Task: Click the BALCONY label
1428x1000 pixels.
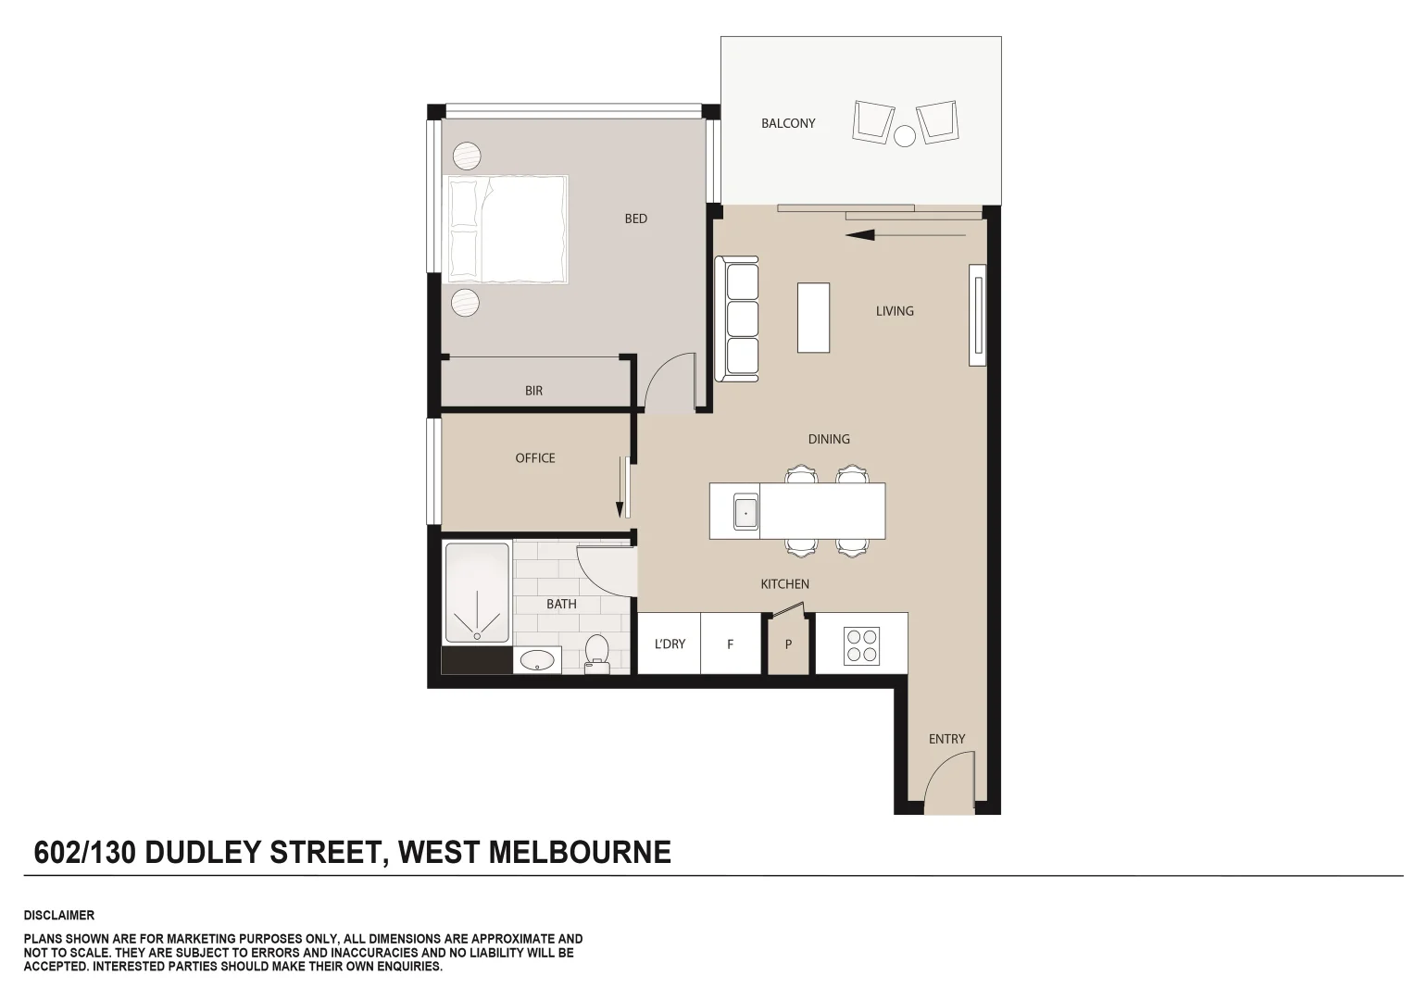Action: tap(788, 123)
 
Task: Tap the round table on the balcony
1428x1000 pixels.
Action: tap(905, 136)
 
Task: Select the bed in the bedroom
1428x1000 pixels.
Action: tap(507, 229)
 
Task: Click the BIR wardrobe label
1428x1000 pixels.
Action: tap(533, 391)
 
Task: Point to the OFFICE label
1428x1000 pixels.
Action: tap(535, 457)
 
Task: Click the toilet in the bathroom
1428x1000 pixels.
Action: tap(595, 652)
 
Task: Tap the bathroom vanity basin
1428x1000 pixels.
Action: tap(536, 660)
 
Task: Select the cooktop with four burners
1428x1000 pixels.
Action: tap(861, 645)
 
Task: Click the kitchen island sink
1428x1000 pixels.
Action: tap(745, 511)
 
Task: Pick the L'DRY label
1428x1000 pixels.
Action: tap(670, 644)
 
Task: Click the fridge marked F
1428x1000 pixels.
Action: tap(730, 644)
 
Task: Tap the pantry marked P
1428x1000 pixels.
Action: tap(788, 644)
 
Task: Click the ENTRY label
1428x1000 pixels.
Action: tap(946, 739)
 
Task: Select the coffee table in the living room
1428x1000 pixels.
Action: tap(813, 318)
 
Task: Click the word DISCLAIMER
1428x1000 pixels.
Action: tap(59, 915)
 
